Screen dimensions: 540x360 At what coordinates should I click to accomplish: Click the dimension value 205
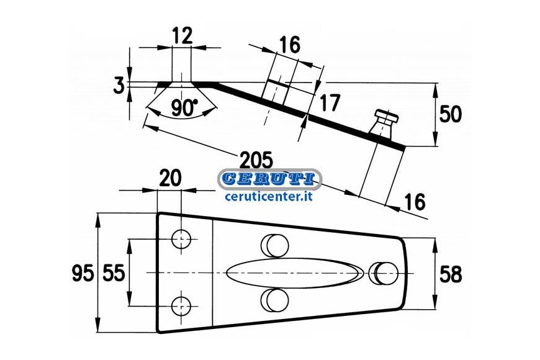point(256,160)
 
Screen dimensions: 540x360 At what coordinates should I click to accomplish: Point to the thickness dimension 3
point(119,86)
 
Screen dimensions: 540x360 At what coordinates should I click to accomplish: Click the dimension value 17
point(330,102)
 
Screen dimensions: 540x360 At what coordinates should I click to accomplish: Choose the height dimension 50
point(450,114)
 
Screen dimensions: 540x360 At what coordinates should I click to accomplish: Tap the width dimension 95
point(83,274)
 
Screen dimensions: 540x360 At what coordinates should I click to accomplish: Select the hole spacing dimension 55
point(114,274)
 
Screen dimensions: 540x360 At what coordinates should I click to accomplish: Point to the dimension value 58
point(451,274)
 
